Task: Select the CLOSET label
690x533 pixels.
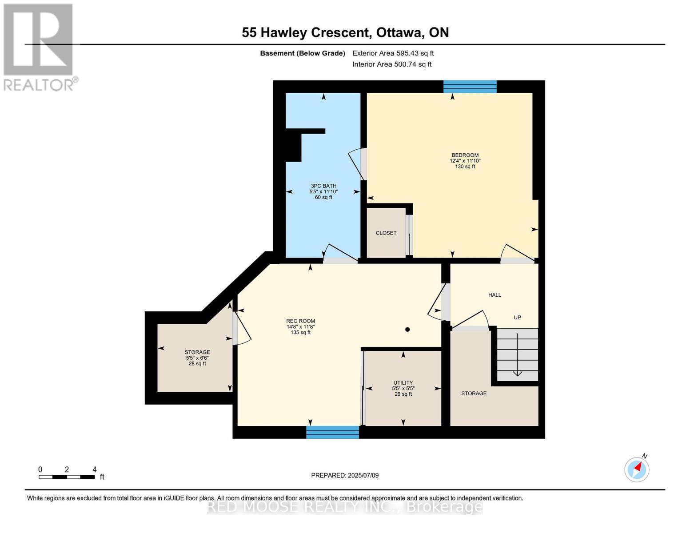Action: pyautogui.click(x=386, y=233)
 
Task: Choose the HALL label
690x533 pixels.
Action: pyautogui.click(x=495, y=295)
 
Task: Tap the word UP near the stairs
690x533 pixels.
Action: pyautogui.click(x=517, y=318)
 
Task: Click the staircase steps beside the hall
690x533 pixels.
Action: pyautogui.click(x=517, y=354)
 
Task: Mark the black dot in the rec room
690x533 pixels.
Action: pyautogui.click(x=407, y=330)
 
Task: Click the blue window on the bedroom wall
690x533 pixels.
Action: pyautogui.click(x=470, y=87)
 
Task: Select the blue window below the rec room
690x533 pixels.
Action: pyautogui.click(x=332, y=432)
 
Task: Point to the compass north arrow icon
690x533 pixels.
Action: pyautogui.click(x=637, y=469)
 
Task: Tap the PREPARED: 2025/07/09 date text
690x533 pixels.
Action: pyautogui.click(x=345, y=476)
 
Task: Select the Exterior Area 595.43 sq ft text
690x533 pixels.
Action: pyautogui.click(x=393, y=53)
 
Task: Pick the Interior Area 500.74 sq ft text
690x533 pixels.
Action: pyautogui.click(x=392, y=64)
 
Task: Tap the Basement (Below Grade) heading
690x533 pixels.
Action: pyautogui.click(x=303, y=53)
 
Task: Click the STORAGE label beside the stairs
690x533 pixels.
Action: pyautogui.click(x=474, y=394)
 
